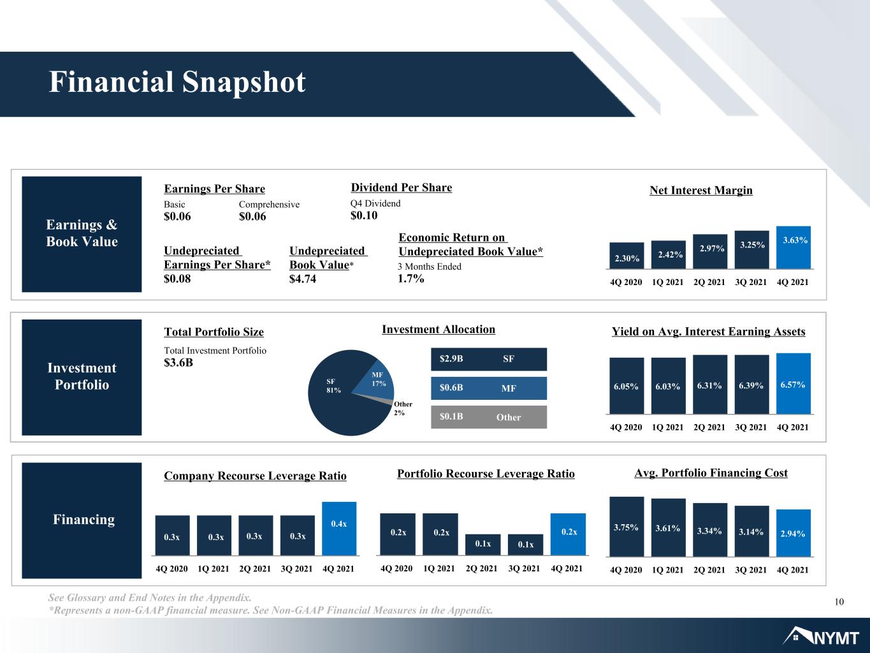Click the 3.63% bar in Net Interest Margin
[794, 247]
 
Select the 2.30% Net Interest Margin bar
[627, 256]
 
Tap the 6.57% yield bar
[794, 383]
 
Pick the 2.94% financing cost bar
[794, 533]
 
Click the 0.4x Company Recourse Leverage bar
[339, 529]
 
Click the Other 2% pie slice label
[403, 408]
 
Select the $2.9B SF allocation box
[489, 359]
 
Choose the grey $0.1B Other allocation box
[489, 416]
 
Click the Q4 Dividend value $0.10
[364, 216]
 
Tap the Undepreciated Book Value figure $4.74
[302, 279]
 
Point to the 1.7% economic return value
[410, 278]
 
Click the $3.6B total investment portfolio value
[178, 362]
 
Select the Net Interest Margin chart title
[700, 190]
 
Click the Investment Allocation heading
[439, 330]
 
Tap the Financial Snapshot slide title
[177, 82]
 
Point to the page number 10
[839, 602]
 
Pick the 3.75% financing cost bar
[627, 527]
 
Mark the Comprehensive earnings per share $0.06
[252, 216]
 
